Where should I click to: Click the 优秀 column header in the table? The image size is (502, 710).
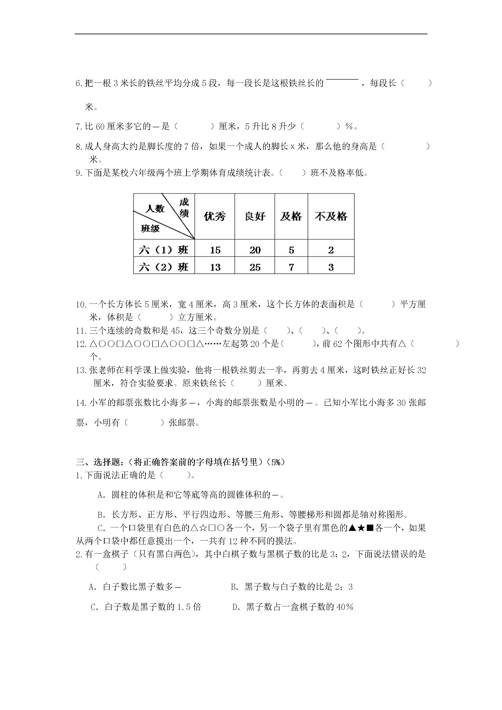[x=215, y=216]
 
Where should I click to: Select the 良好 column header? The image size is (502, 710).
[x=255, y=216]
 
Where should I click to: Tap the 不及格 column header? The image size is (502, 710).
[x=331, y=216]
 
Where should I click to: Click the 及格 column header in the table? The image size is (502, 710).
[x=291, y=216]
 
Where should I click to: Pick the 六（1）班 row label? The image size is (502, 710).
[x=164, y=250]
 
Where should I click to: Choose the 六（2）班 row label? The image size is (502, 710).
[x=164, y=267]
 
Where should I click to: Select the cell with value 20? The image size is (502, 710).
[x=255, y=250]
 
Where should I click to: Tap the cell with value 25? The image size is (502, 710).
[x=255, y=267]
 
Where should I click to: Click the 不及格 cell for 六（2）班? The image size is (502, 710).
[x=331, y=267]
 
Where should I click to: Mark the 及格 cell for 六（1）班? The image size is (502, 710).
[x=291, y=250]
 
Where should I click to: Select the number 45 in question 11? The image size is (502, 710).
[x=175, y=331]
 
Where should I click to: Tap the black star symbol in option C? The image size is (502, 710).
[x=361, y=528]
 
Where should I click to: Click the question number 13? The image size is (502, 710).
[x=81, y=370]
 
